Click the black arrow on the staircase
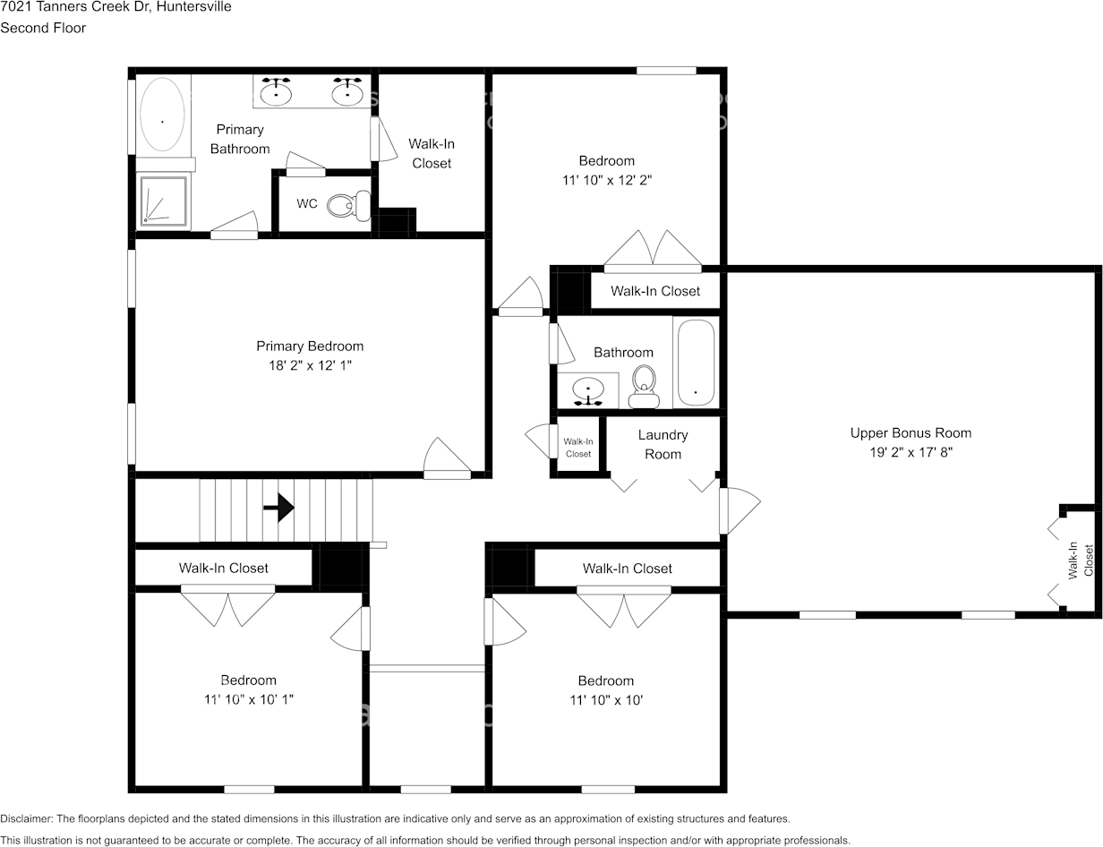(x=278, y=508)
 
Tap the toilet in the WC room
(x=349, y=206)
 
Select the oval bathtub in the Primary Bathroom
(x=162, y=115)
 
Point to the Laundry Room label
(x=663, y=445)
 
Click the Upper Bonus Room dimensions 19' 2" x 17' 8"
(x=911, y=452)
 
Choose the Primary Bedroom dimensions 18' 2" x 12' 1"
(x=310, y=365)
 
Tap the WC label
(x=307, y=203)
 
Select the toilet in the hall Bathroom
(x=644, y=387)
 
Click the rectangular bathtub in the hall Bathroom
(x=696, y=363)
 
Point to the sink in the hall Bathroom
(x=588, y=391)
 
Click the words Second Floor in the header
(x=43, y=28)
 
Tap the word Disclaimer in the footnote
(x=26, y=818)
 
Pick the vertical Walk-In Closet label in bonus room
(x=1081, y=560)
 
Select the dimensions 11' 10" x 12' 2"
(x=607, y=180)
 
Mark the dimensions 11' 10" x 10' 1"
(x=249, y=700)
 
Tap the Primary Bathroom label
(x=240, y=139)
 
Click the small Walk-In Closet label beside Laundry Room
(x=578, y=448)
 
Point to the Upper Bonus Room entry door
(x=740, y=511)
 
